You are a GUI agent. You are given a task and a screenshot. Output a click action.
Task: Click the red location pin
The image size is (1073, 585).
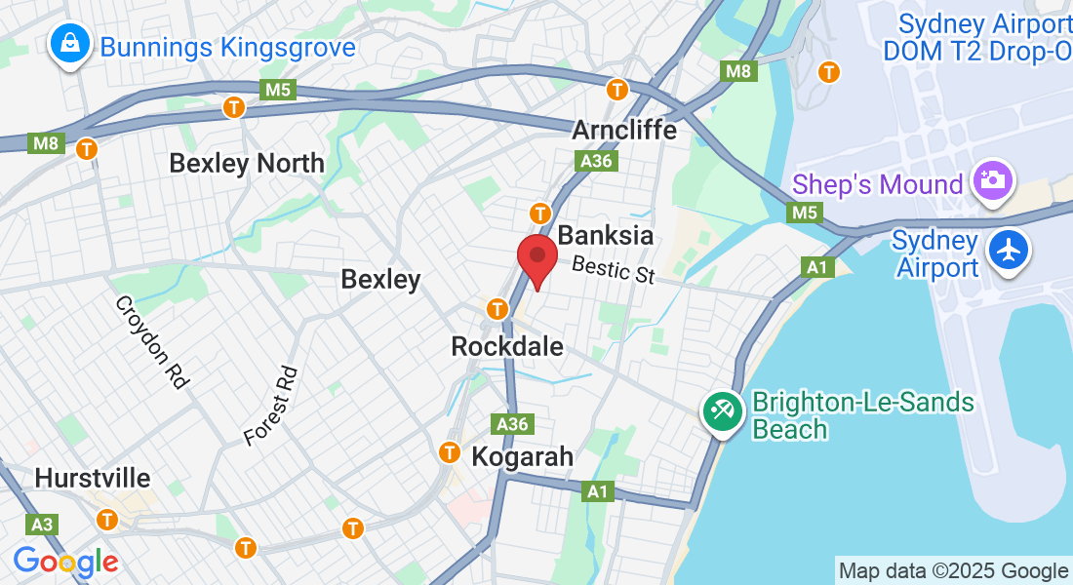(536, 260)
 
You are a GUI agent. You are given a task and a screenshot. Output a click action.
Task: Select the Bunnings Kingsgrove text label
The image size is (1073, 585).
(227, 47)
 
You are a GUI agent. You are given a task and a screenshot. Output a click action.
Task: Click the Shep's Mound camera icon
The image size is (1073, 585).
(993, 180)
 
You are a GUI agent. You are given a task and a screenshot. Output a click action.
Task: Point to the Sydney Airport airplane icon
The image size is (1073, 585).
(1009, 252)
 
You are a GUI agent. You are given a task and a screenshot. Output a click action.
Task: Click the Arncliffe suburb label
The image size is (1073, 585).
(624, 130)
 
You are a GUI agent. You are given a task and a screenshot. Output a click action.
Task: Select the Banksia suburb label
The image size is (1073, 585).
(605, 236)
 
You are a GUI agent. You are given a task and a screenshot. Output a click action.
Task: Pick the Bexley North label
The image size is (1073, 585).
(247, 163)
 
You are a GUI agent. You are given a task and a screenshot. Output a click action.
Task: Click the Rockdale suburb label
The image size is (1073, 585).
(507, 346)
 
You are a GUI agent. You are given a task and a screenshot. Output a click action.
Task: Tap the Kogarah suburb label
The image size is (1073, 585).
(523, 456)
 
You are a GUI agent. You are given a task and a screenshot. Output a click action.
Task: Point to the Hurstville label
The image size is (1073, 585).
(93, 479)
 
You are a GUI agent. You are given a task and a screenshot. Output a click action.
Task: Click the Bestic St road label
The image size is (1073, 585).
(614, 269)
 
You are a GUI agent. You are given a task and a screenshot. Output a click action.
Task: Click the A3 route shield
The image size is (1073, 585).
(41, 526)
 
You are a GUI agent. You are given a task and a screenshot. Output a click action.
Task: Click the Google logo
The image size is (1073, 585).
(65, 562)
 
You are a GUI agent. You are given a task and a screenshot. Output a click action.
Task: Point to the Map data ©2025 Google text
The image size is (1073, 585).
(953, 571)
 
